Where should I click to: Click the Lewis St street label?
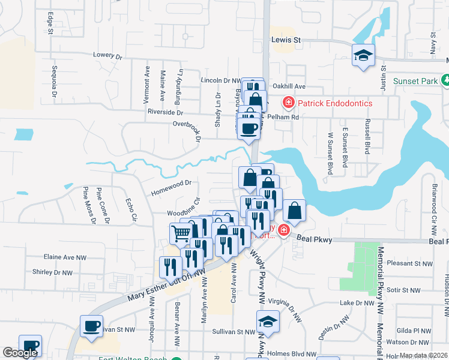(x=285, y=40)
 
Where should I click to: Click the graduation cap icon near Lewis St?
(x=363, y=56)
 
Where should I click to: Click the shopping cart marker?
(x=181, y=233)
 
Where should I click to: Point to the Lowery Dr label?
(x=107, y=55)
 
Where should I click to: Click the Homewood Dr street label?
(x=171, y=183)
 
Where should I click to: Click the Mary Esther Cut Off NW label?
(x=166, y=286)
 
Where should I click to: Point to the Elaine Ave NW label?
(x=65, y=257)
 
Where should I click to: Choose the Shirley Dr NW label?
(x=52, y=272)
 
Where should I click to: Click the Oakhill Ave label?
(x=289, y=86)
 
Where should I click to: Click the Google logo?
(x=20, y=353)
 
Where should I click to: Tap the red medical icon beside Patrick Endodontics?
(x=288, y=103)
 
